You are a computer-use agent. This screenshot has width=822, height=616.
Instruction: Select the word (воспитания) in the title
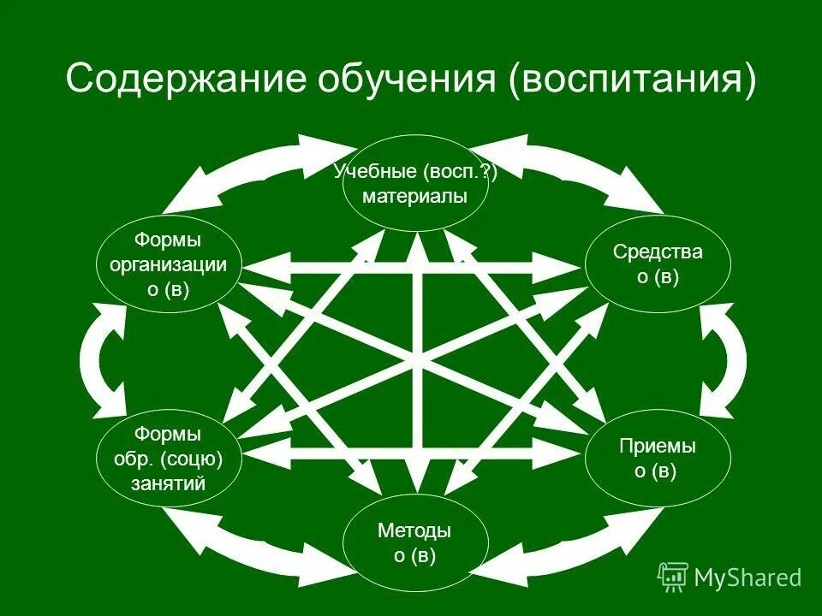[633, 80]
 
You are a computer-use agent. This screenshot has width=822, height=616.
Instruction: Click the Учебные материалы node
[415, 183]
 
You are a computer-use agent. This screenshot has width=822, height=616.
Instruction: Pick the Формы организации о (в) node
[168, 264]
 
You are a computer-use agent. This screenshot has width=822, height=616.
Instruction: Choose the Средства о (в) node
[658, 264]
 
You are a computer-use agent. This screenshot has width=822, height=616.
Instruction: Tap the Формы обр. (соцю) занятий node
[168, 460]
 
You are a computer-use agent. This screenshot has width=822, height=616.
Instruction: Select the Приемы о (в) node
[658, 459]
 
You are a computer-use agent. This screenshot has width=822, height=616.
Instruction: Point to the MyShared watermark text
[748, 577]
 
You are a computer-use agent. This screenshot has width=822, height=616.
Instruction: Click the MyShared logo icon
[673, 577]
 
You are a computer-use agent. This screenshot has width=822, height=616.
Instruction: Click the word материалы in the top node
[415, 197]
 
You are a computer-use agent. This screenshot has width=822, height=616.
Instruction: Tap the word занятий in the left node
[168, 483]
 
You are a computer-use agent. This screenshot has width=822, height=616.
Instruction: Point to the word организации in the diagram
[168, 264]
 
